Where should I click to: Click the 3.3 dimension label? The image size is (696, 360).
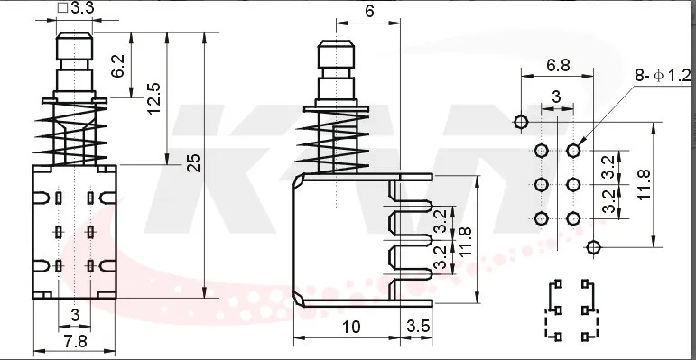(82, 8)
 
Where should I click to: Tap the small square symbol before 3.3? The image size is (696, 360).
(62, 8)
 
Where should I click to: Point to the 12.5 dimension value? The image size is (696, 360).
(154, 98)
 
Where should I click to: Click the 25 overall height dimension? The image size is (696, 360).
(194, 163)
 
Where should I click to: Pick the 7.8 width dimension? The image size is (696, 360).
(76, 342)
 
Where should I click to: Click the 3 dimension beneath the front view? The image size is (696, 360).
(75, 315)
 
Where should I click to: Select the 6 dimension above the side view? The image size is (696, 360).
(369, 12)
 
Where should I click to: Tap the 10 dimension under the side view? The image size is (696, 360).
(351, 328)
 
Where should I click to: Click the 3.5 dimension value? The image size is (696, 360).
(419, 327)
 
